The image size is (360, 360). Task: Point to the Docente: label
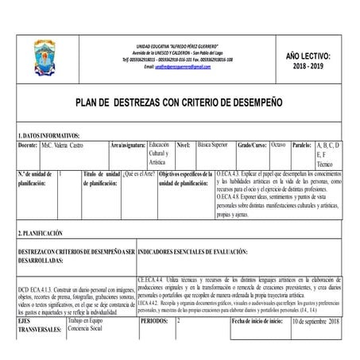coord(28,147)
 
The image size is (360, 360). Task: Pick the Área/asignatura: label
coord(128,147)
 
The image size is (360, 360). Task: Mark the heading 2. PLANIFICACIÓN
coord(41,234)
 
